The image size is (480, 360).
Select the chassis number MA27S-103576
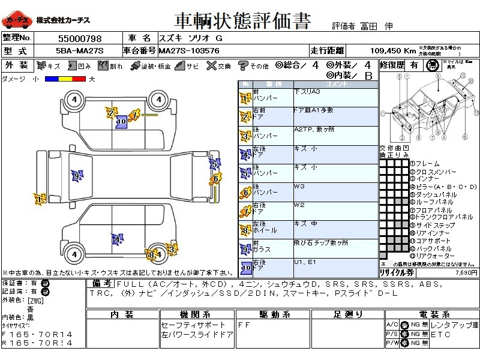click(x=190, y=50)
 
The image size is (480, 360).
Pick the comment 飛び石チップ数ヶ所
click(x=321, y=243)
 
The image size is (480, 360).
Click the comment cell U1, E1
click(x=305, y=262)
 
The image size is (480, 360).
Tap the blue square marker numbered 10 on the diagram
click(x=121, y=121)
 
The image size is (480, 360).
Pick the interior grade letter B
click(x=368, y=76)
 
